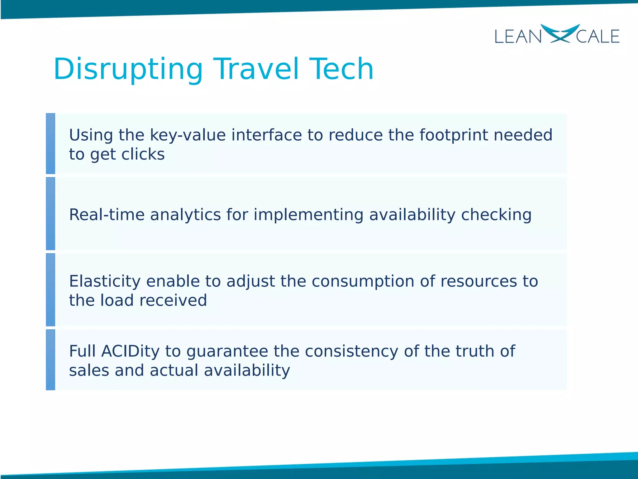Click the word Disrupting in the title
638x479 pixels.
coord(128,69)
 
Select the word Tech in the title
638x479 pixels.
coord(341,69)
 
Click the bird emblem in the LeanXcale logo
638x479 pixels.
coord(559,33)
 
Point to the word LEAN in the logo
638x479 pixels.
coord(518,37)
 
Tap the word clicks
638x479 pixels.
coord(143,154)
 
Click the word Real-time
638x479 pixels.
coord(106,215)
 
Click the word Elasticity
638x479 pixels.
coord(105,281)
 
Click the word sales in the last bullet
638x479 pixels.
coord(89,370)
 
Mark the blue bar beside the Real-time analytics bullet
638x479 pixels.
coord(50,214)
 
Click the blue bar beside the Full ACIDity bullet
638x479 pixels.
coord(50,360)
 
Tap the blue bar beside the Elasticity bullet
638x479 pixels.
coord(50,290)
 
